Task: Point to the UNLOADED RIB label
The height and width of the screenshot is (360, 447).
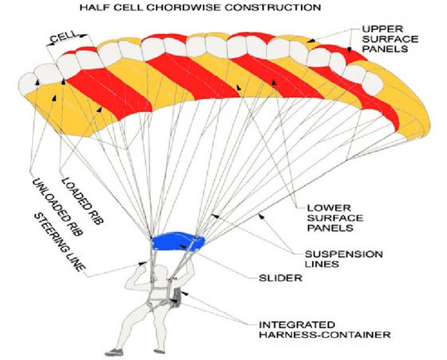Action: pos(57,204)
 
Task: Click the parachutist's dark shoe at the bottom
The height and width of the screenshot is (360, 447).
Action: pos(116,352)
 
